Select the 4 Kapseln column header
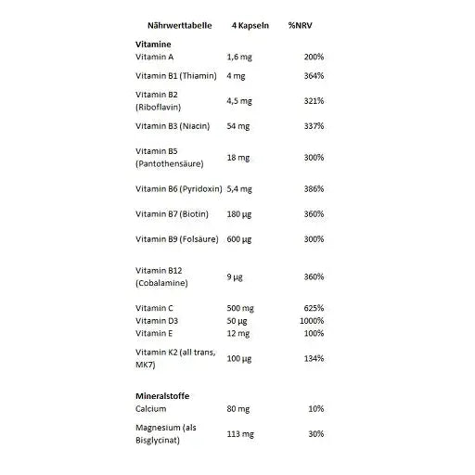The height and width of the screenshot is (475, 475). click(250, 25)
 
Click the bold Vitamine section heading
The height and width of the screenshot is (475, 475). click(154, 44)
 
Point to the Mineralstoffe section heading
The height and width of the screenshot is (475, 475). click(164, 396)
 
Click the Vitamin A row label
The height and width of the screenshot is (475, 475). click(154, 58)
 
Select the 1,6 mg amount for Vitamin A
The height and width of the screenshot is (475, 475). click(239, 58)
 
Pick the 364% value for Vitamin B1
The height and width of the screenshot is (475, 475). click(314, 75)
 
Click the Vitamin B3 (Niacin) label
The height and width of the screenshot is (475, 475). click(173, 125)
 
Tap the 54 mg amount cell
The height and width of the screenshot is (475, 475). click(239, 125)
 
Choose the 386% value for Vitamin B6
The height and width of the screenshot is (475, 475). click(314, 189)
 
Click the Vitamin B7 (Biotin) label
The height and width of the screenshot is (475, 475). click(172, 214)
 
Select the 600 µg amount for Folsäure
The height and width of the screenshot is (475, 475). click(239, 239)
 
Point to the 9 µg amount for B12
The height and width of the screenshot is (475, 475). click(235, 276)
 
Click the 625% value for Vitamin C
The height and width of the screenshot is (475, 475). click(314, 308)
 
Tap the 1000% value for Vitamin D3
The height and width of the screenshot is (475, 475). click(312, 320)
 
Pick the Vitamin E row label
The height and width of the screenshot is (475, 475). click(154, 332)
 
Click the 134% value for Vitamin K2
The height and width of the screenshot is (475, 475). click(314, 358)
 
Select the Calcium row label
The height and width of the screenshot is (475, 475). click(151, 409)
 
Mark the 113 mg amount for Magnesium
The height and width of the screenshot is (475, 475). click(241, 433)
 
